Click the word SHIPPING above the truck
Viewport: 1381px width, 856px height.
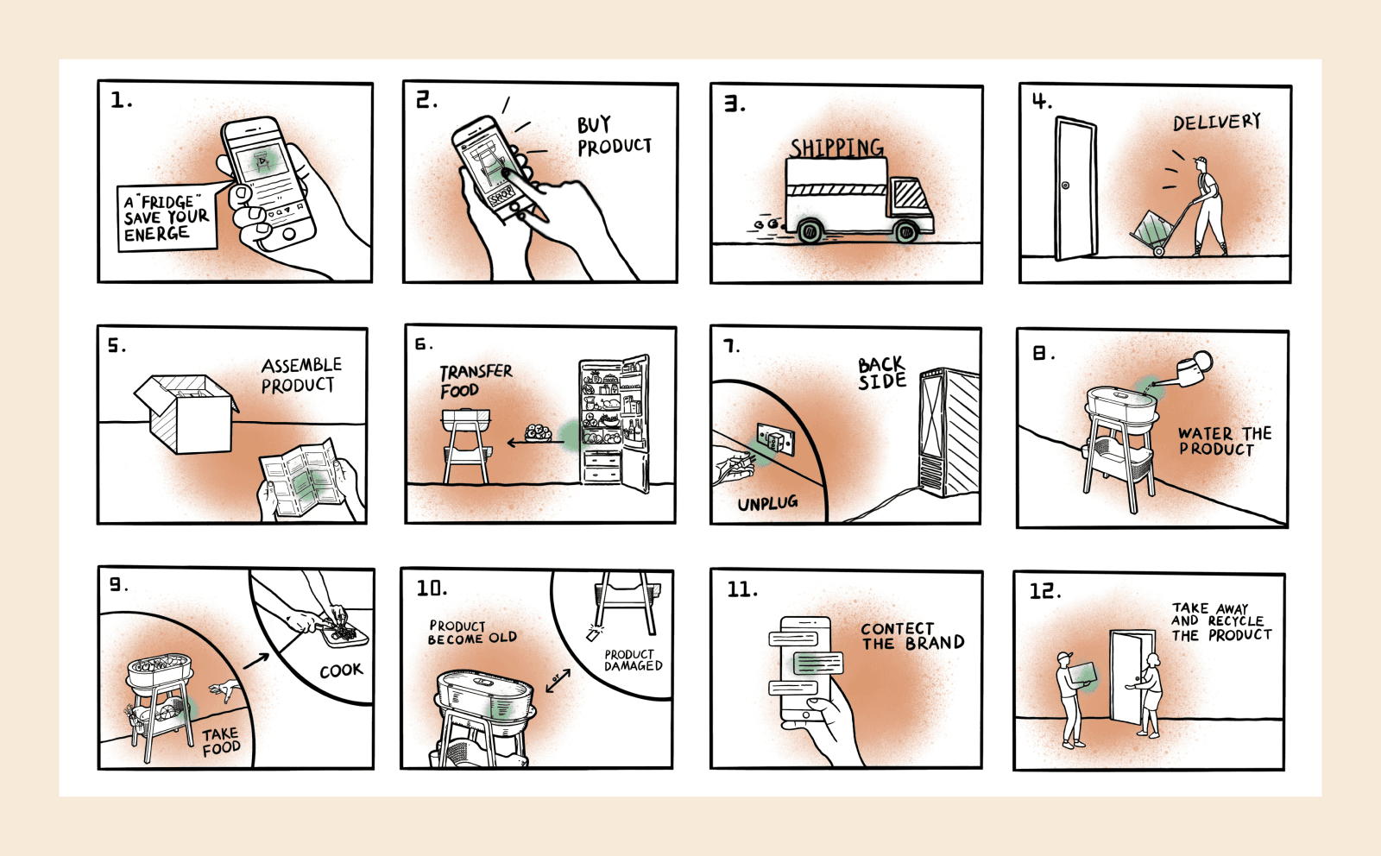836,148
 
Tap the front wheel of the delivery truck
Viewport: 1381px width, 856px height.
906,231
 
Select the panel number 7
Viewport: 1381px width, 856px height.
731,346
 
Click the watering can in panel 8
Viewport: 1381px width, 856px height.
1190,370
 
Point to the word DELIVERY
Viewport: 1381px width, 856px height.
1216,123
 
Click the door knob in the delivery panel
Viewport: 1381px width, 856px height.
1065,186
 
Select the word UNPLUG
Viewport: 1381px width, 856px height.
767,503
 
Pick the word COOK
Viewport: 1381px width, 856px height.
341,670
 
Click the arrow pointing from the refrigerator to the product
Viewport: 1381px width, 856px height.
522,443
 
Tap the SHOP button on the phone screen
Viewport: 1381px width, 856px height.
501,196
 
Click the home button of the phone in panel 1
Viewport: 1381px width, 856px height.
288,233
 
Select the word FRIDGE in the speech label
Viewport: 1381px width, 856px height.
167,202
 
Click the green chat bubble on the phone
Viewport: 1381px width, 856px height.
817,663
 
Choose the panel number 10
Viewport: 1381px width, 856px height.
432,588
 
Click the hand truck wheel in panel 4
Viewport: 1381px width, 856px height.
1158,251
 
